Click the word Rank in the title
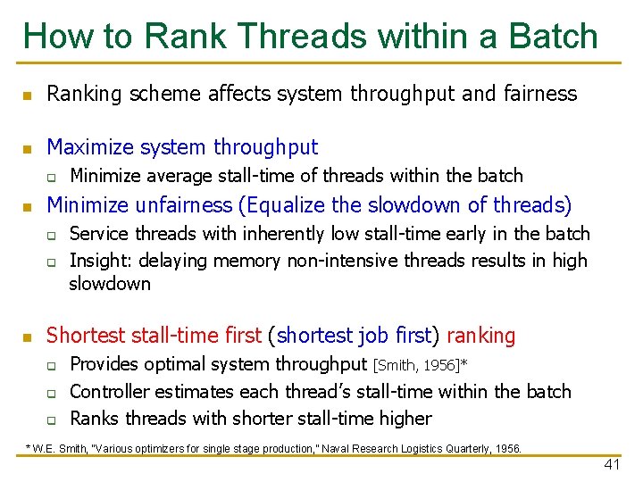[x=174, y=36]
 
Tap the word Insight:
[x=100, y=261]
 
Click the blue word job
[x=373, y=336]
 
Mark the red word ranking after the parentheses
[x=480, y=336]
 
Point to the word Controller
[x=112, y=391]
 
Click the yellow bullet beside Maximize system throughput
[x=28, y=148]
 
